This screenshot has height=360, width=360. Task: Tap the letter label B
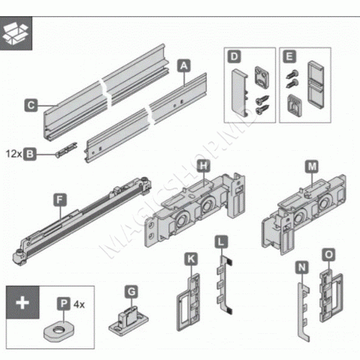point(30,154)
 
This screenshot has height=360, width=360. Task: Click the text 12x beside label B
point(11,154)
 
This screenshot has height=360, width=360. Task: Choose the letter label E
point(289,57)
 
